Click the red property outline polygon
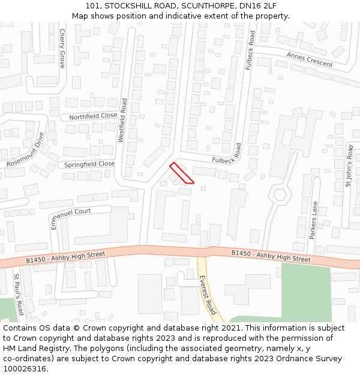click(x=181, y=173)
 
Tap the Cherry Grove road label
click(x=62, y=48)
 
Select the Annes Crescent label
click(x=309, y=59)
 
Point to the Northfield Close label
click(x=93, y=116)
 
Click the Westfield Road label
click(x=122, y=120)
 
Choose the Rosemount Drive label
click(x=26, y=150)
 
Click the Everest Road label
click(x=207, y=295)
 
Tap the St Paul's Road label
click(x=18, y=294)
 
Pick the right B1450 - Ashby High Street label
click(x=271, y=256)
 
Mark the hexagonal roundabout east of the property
click(x=279, y=194)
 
